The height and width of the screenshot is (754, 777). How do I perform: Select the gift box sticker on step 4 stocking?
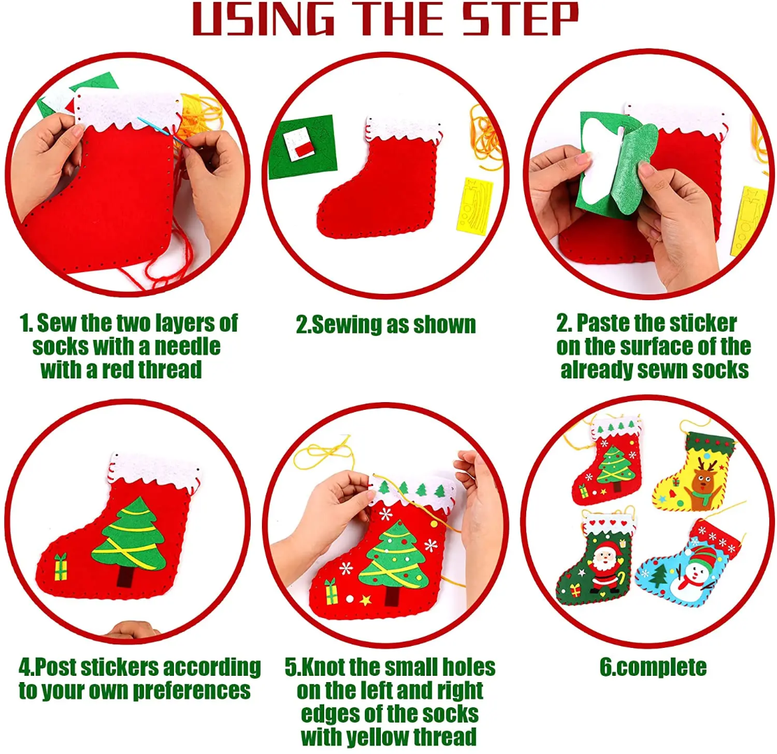[x=61, y=566]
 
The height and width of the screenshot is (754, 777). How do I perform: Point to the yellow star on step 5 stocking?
[x=365, y=599]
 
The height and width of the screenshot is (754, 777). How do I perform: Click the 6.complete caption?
[x=653, y=667]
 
